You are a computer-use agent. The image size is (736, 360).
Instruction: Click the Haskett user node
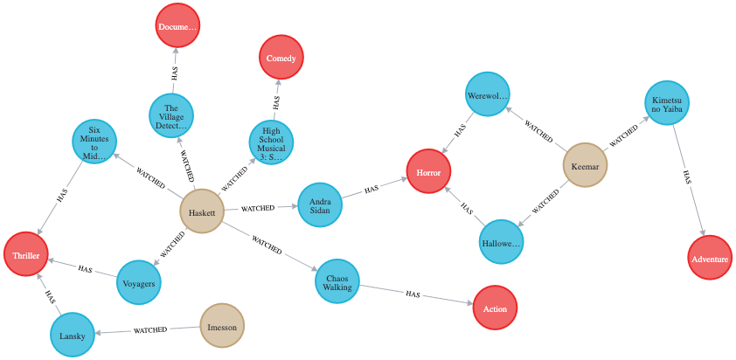202,211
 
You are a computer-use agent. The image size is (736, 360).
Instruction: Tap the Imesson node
222,326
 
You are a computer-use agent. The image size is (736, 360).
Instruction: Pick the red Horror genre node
428,173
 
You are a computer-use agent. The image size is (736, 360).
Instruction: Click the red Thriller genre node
27,257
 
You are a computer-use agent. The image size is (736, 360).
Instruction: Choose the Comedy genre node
281,59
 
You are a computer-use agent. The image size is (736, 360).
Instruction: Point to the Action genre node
496,309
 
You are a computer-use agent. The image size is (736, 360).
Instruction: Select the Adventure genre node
709,258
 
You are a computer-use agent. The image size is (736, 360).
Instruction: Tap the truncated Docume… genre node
178,26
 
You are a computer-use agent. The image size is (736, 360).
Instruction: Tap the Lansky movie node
73,335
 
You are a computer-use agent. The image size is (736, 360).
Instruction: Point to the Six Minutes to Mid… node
94,141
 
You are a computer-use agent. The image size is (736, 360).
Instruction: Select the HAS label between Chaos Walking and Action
413,294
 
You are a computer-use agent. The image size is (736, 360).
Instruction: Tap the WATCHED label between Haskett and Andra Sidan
259,209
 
